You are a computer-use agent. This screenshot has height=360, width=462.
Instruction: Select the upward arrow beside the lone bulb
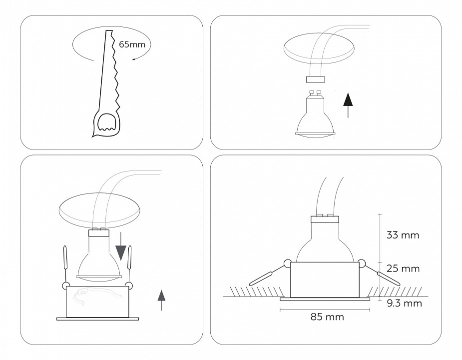pyautogui.click(x=349, y=105)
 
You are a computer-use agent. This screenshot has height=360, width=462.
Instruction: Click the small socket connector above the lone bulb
pyautogui.click(x=315, y=79)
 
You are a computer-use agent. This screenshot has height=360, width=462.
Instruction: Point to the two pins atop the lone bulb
pyautogui.click(x=315, y=92)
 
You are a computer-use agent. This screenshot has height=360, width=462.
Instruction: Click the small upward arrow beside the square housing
pyautogui.click(x=161, y=300)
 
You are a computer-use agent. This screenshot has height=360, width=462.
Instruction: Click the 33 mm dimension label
pyautogui.click(x=402, y=234)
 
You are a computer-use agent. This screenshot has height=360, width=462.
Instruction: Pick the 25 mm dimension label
pyautogui.click(x=402, y=268)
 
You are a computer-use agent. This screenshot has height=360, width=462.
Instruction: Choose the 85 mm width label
pyautogui.click(x=327, y=316)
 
